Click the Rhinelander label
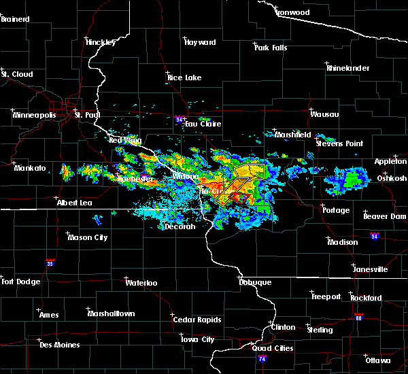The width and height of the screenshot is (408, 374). (348, 68)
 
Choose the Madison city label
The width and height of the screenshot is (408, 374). (342, 242)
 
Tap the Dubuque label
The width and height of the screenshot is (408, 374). (255, 282)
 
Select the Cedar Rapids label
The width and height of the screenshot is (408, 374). (197, 320)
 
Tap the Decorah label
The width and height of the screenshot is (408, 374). (180, 226)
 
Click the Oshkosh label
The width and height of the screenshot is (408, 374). (392, 178)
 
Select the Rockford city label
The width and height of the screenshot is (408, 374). (366, 298)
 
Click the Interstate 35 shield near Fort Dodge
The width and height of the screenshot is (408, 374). (50, 261)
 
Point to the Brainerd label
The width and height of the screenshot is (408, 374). (15, 19)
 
